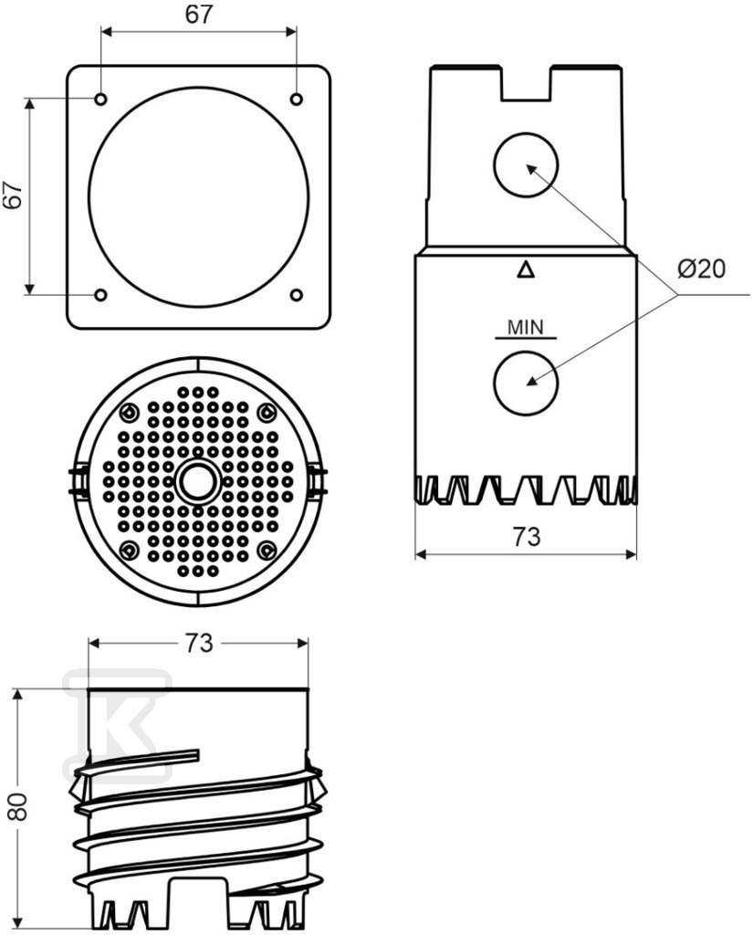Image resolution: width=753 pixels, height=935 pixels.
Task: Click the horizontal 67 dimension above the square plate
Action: click(x=198, y=15)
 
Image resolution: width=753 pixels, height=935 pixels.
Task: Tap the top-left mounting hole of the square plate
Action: click(x=100, y=99)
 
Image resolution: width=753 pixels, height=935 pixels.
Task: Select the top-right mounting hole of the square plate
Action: click(x=297, y=99)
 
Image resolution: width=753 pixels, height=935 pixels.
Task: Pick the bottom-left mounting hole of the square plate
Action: click(x=100, y=295)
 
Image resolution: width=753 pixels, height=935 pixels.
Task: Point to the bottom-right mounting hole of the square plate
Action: click(x=297, y=295)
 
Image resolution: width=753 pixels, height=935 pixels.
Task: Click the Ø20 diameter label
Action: click(x=701, y=269)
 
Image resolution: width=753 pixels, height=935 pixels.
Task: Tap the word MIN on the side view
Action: click(x=525, y=328)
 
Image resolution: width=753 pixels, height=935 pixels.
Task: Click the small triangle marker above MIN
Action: click(x=525, y=270)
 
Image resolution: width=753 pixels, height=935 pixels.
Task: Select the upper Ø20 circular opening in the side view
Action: click(x=525, y=165)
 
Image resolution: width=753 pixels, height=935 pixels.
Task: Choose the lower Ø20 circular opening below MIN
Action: click(x=525, y=383)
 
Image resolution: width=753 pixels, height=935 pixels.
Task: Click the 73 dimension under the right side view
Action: click(x=526, y=537)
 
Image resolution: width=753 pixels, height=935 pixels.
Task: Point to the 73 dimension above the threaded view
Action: click(x=198, y=643)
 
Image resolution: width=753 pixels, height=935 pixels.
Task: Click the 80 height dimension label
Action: click(x=19, y=807)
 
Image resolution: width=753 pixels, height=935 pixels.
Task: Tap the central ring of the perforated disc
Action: click(x=198, y=480)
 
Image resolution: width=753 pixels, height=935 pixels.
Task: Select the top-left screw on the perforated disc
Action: click(x=129, y=412)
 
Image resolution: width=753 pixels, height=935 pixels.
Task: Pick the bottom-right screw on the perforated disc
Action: click(x=267, y=549)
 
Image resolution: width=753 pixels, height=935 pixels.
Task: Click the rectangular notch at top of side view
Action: click(x=526, y=82)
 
